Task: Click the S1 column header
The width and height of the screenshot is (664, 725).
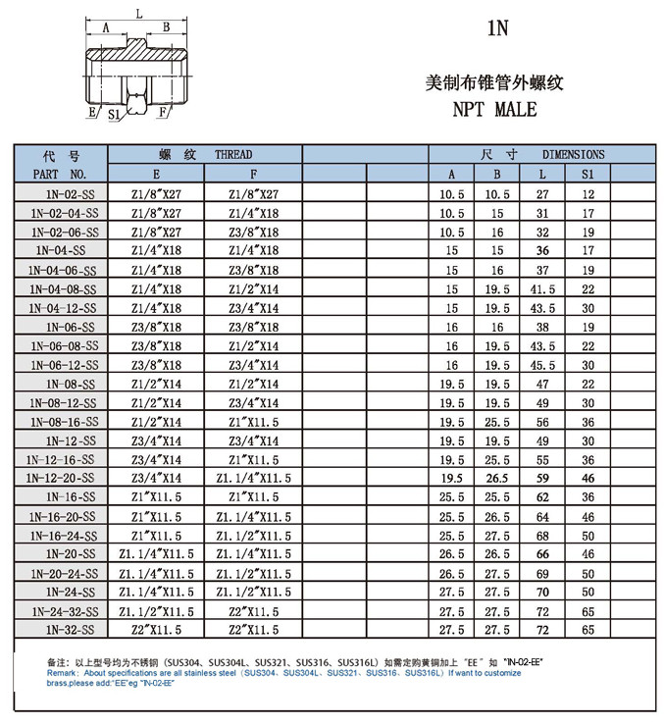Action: tap(588, 175)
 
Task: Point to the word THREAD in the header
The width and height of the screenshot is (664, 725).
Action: tap(233, 155)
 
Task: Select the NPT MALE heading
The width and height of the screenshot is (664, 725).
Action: tap(494, 110)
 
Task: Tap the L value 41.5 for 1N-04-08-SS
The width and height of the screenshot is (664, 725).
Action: tap(542, 288)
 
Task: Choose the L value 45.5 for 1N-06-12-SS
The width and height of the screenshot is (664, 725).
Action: tap(542, 364)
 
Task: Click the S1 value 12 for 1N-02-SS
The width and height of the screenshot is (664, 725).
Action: tap(588, 194)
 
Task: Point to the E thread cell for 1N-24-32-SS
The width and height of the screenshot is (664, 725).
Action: tap(156, 609)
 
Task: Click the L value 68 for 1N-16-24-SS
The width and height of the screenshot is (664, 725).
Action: tap(542, 535)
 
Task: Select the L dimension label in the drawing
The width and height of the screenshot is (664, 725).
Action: tap(139, 13)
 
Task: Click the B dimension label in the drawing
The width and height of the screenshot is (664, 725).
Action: tap(166, 27)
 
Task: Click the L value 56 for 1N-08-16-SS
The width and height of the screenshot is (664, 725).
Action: tap(542, 421)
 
